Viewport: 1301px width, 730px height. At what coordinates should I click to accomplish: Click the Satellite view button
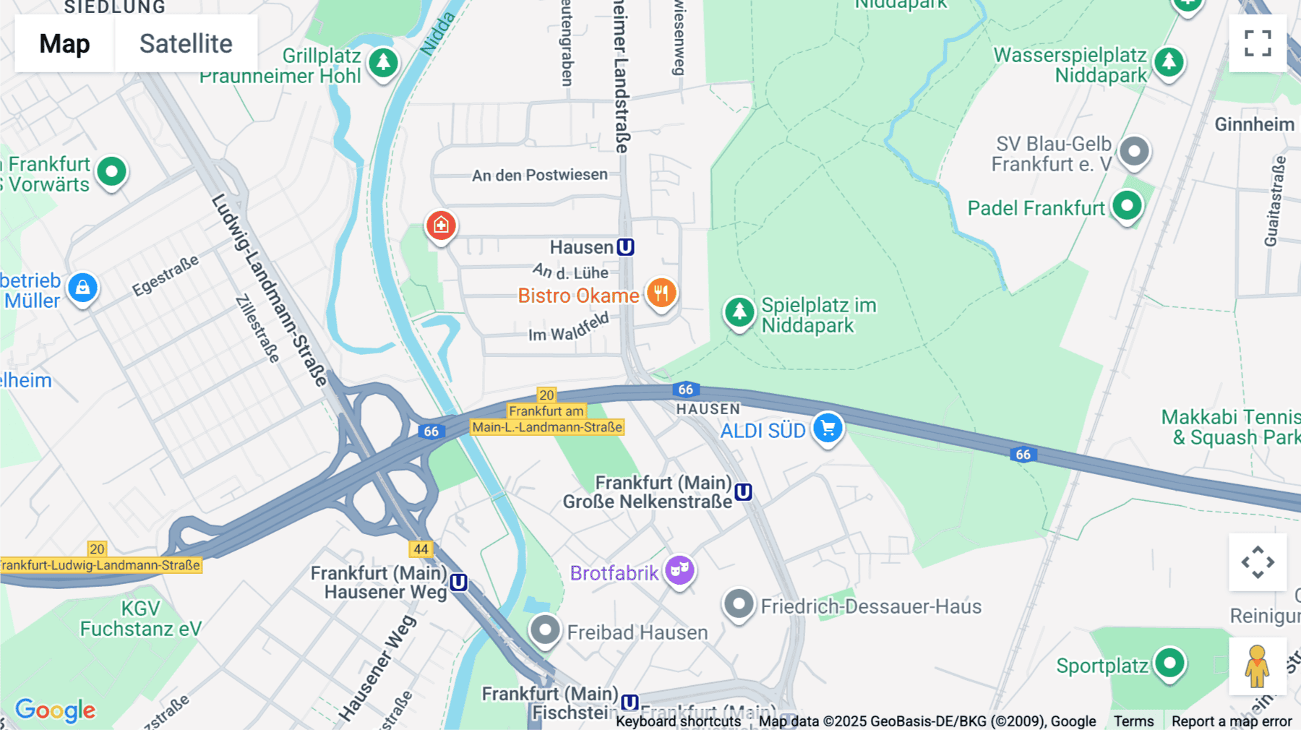[x=186, y=43]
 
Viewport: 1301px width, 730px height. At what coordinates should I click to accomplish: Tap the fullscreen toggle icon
[x=1258, y=43]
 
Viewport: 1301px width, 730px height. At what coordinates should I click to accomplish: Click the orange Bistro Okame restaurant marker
[x=661, y=293]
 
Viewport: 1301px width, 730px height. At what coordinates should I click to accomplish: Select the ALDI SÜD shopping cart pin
[x=828, y=428]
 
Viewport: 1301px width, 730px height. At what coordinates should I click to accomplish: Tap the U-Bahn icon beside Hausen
[x=626, y=247]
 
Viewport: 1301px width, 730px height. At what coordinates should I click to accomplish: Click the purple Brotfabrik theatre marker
[x=679, y=570]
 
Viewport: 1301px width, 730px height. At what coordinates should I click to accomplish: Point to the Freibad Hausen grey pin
[x=545, y=630]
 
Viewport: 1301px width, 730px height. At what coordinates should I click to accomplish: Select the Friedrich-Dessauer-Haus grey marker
[x=739, y=604]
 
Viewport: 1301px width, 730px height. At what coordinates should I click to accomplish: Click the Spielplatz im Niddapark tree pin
[x=739, y=312]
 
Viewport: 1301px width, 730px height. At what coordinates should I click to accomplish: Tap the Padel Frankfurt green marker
[x=1127, y=206]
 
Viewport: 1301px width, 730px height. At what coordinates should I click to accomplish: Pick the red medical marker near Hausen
[x=441, y=226]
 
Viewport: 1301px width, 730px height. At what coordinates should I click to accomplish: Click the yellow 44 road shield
[x=421, y=549]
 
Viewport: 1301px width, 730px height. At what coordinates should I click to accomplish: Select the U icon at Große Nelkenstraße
[x=743, y=492]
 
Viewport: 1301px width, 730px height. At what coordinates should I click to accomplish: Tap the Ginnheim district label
[x=1254, y=124]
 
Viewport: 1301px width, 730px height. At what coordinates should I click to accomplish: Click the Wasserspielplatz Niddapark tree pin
[x=1169, y=62]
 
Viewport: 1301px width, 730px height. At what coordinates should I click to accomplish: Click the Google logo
[x=56, y=710]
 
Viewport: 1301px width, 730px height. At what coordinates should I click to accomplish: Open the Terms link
[x=1133, y=721]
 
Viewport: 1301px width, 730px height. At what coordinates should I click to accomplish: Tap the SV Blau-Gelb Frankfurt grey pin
[x=1134, y=152]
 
